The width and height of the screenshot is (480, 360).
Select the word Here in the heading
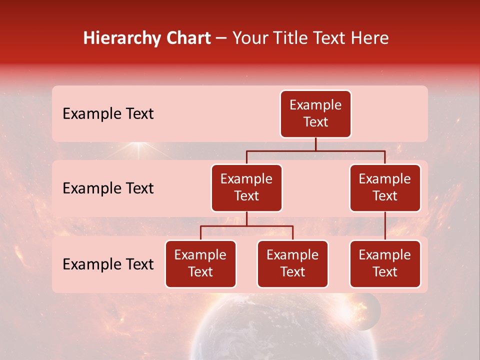[370, 38]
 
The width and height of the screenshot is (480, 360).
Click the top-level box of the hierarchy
[315, 114]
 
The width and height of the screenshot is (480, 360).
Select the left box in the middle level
[246, 188]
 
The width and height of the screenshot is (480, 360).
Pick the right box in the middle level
[385, 188]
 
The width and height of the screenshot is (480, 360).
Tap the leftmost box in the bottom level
[200, 264]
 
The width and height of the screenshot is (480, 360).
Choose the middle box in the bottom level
[292, 264]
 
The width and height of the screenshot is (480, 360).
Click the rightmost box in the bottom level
[385, 264]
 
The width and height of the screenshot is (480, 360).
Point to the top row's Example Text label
[108, 114]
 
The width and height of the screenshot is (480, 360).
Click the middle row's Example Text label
[108, 188]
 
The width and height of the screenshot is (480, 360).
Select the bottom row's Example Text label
[108, 264]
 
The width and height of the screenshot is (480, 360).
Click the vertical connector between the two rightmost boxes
[385, 226]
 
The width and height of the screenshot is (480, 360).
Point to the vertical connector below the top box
[315, 144]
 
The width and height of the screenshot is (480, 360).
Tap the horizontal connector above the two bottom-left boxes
[246, 226]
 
